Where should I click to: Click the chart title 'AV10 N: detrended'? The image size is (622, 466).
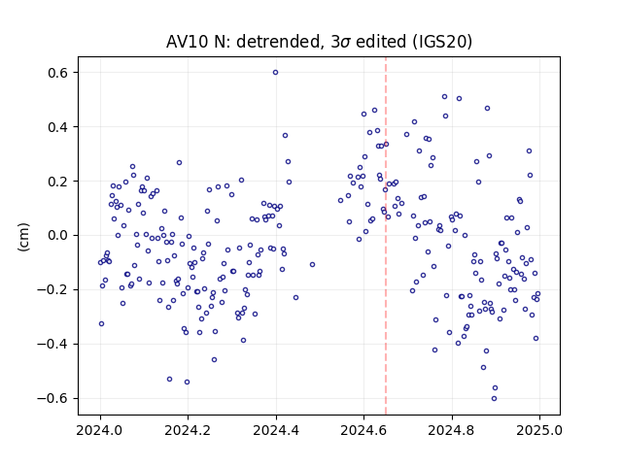pyautogui.click(x=243, y=42)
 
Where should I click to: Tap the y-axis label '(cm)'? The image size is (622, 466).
pyautogui.click(x=23, y=237)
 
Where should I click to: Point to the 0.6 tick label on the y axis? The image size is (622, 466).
pyautogui.click(x=58, y=73)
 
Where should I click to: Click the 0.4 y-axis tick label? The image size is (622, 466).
pyautogui.click(x=58, y=127)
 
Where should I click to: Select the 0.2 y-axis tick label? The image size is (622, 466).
pyautogui.click(x=58, y=182)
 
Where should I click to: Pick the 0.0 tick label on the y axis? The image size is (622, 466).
pyautogui.click(x=58, y=235)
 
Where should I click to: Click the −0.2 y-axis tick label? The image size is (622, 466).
pyautogui.click(x=53, y=289)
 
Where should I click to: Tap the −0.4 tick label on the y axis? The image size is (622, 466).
pyautogui.click(x=53, y=344)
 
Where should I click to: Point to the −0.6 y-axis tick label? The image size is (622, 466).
pyautogui.click(x=53, y=398)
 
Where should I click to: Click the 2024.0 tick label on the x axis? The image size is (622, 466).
pyautogui.click(x=100, y=430)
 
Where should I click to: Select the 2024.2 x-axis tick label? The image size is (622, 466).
pyautogui.click(x=188, y=430)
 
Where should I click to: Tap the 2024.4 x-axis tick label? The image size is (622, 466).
pyautogui.click(x=276, y=430)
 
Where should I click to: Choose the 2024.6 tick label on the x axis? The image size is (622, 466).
pyautogui.click(x=363, y=430)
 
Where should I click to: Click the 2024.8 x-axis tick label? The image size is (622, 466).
pyautogui.click(x=451, y=430)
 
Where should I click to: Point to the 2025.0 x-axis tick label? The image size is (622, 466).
pyautogui.click(x=539, y=430)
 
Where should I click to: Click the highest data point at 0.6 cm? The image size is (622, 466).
pyautogui.click(x=275, y=73)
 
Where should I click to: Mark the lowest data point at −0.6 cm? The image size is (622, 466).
pyautogui.click(x=494, y=399)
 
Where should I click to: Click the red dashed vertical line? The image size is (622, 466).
pyautogui.click(x=386, y=236)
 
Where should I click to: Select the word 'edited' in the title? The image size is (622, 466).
pyautogui.click(x=381, y=42)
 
